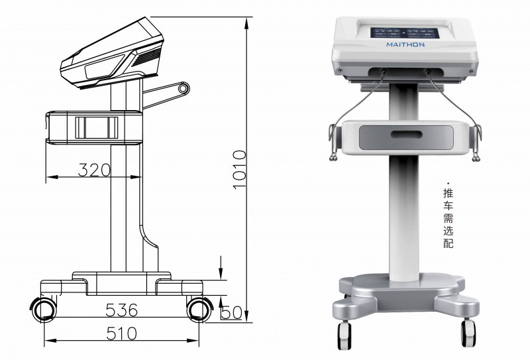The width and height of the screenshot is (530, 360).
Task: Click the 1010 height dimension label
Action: point(240,170)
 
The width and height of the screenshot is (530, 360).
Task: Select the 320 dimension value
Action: point(94,170)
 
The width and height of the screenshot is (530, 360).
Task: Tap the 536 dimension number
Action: point(122,310)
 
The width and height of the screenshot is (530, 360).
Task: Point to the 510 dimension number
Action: point(122,334)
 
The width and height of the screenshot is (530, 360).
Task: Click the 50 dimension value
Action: point(231,313)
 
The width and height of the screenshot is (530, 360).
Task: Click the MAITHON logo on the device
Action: point(405,44)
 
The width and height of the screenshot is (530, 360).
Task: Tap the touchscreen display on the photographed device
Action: point(405,33)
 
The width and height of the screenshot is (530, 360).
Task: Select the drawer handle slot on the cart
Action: point(406,135)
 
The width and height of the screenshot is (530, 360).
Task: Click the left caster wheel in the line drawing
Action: point(44,310)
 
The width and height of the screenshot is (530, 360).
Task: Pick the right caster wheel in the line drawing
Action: point(199,310)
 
